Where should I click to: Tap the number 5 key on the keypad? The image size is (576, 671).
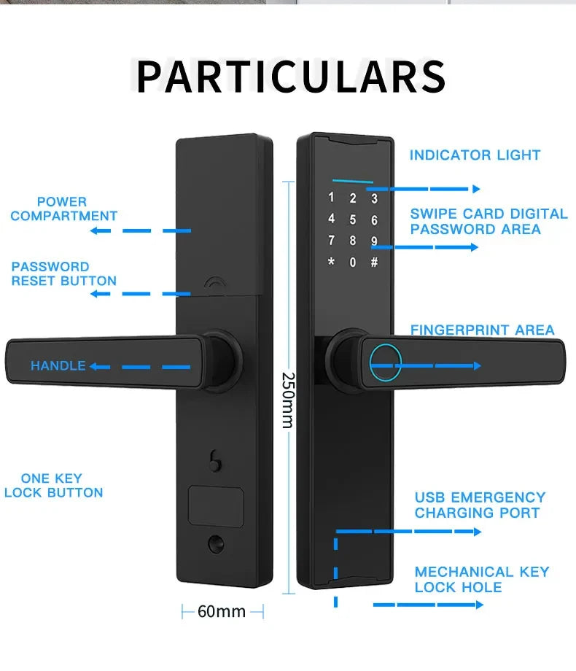tap(353, 220)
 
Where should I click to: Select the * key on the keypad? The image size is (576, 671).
tap(331, 261)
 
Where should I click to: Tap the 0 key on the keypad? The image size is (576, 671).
tap(353, 262)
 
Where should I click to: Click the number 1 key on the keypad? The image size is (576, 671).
tap(331, 197)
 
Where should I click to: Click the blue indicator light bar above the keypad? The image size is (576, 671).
tap(353, 182)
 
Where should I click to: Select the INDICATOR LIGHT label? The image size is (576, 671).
tap(475, 155)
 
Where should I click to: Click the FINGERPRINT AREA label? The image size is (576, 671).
tap(482, 330)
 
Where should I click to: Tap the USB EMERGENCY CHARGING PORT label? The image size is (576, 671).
tap(480, 505)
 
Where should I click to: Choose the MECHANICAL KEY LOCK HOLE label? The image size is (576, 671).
tap(481, 579)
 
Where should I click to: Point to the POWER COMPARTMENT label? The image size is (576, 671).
tap(63, 209)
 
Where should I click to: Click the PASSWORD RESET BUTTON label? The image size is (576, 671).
tap(63, 274)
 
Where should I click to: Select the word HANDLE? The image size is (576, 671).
tap(58, 366)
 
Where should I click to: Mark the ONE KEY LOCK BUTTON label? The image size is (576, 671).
tap(53, 485)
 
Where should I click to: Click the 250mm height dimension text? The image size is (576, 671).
tap(289, 400)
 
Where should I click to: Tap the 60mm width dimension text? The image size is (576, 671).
tap(222, 611)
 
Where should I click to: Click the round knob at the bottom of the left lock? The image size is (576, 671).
tap(216, 544)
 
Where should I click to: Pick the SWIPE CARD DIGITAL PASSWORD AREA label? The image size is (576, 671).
tap(489, 221)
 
